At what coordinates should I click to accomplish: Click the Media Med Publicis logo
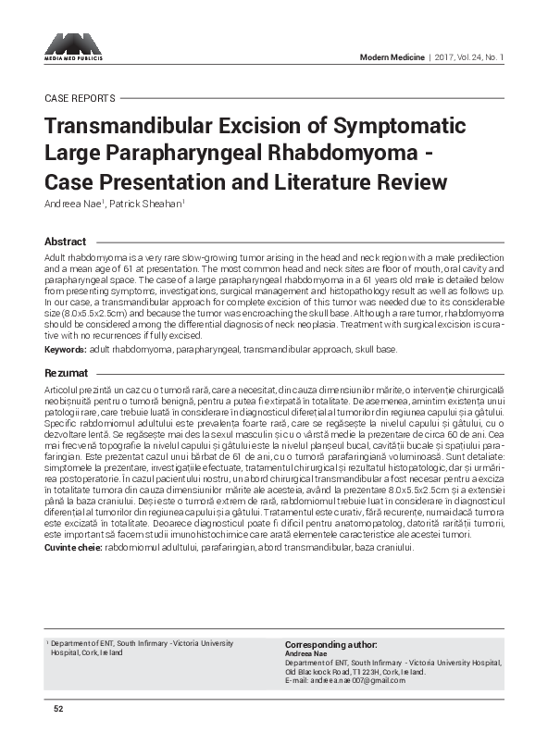[73, 46]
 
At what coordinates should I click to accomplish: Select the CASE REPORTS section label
[80, 98]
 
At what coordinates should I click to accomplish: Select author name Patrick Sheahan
[145, 204]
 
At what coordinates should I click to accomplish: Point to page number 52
[57, 709]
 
